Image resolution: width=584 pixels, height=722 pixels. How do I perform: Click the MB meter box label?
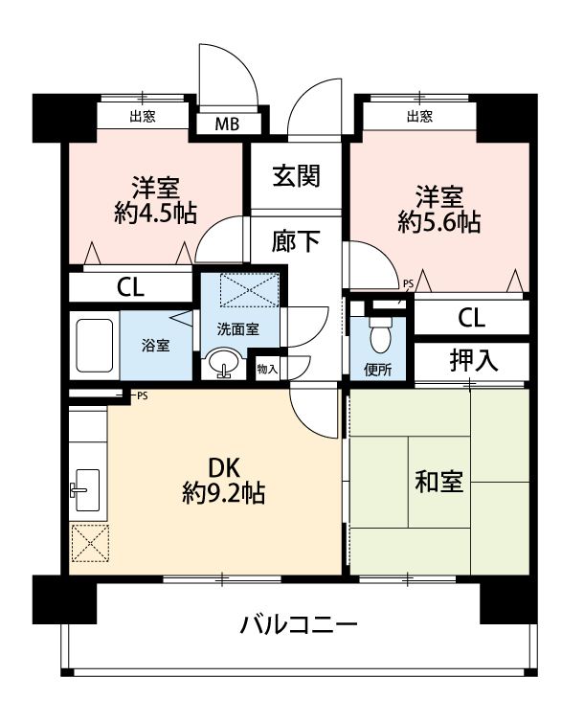(227, 124)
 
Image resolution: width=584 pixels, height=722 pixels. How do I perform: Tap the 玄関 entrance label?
(296, 176)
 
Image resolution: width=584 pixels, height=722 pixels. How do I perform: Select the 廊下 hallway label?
(296, 240)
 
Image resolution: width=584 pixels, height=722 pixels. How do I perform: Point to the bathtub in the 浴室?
(95, 346)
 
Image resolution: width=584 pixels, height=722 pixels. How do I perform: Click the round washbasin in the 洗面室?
(223, 363)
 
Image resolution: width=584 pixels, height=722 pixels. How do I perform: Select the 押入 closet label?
(474, 360)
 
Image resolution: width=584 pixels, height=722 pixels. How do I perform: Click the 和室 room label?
(438, 482)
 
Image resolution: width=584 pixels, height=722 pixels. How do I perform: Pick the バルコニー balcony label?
(299, 625)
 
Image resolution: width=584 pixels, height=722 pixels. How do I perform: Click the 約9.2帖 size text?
(223, 493)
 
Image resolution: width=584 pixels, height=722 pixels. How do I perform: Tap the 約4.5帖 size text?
(155, 213)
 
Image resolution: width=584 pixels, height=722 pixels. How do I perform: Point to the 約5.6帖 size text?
(439, 222)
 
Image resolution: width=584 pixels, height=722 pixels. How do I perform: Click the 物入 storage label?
(267, 369)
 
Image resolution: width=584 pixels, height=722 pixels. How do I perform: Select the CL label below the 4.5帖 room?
(130, 288)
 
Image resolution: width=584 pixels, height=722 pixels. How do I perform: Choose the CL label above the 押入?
(471, 318)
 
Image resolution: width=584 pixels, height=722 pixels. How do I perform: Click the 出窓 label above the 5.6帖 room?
(419, 116)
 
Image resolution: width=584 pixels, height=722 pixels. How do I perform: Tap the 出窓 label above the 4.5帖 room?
(143, 116)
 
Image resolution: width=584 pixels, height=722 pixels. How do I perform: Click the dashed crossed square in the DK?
(90, 543)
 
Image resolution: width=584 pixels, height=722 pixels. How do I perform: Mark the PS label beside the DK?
(143, 396)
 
